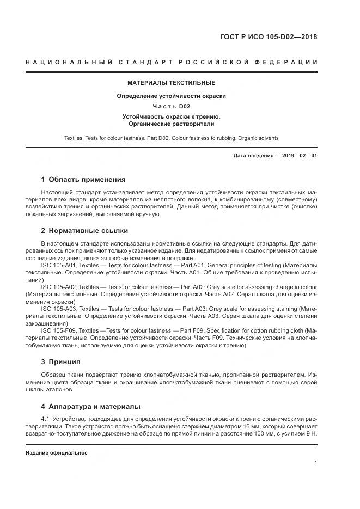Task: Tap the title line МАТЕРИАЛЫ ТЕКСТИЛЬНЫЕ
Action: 171,83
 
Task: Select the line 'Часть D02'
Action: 171,106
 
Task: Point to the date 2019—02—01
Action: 298,156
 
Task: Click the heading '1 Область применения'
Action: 83,179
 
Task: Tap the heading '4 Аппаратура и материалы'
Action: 91,406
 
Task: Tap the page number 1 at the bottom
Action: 316,463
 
